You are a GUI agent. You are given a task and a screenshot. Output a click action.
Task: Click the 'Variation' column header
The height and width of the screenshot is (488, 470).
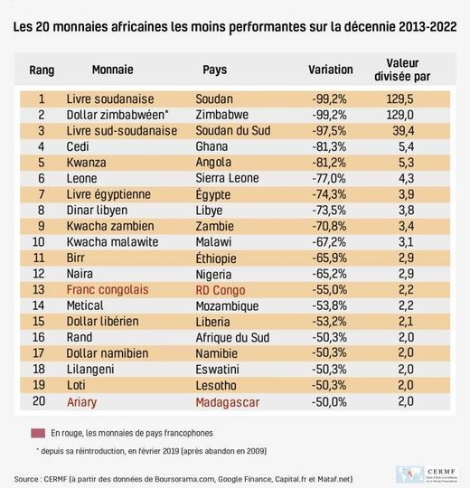332,69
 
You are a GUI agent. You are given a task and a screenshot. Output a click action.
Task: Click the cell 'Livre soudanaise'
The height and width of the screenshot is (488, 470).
110,99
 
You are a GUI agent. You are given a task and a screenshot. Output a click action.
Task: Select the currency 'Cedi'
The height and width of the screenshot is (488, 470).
79,146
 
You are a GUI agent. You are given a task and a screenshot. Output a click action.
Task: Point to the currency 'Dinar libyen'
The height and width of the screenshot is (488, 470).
100,211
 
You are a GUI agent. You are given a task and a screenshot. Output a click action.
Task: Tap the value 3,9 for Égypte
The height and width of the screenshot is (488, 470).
406,194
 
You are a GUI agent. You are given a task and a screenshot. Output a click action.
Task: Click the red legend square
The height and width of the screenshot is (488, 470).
38,432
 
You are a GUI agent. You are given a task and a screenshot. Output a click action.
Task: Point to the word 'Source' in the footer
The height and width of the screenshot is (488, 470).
30,478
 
